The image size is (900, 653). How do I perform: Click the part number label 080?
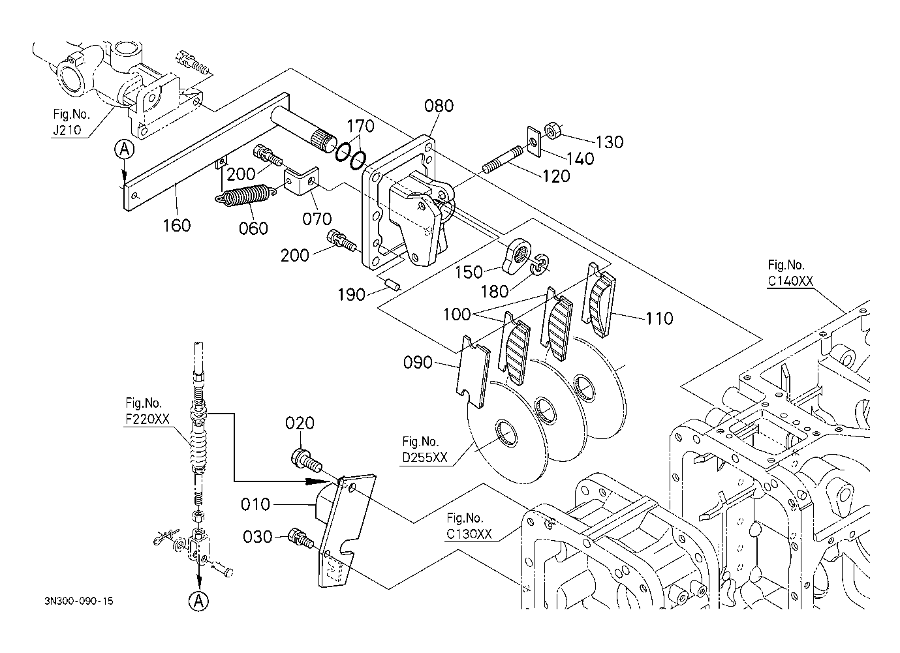point(439,106)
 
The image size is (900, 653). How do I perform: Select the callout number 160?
point(177,225)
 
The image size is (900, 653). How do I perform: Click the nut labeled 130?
point(553,131)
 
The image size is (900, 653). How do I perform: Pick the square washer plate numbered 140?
point(534,142)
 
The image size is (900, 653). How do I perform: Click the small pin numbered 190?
point(393,284)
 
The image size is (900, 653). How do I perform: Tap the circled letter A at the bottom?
point(199,601)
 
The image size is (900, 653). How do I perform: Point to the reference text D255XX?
point(425,457)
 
